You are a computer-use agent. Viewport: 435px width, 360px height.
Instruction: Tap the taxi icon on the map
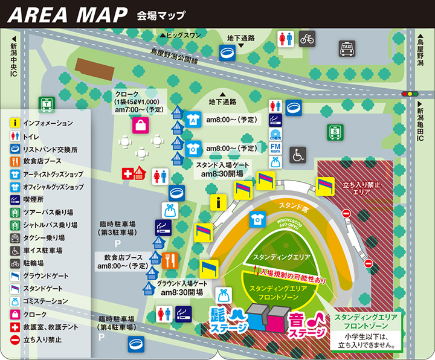(347, 48)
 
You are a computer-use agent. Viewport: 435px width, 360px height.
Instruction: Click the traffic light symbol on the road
(410, 94)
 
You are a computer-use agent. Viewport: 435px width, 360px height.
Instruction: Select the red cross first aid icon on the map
(127, 173)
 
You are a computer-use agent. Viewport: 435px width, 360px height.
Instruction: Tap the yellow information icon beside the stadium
(218, 203)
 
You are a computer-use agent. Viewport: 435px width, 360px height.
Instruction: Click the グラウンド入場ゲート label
(182, 283)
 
